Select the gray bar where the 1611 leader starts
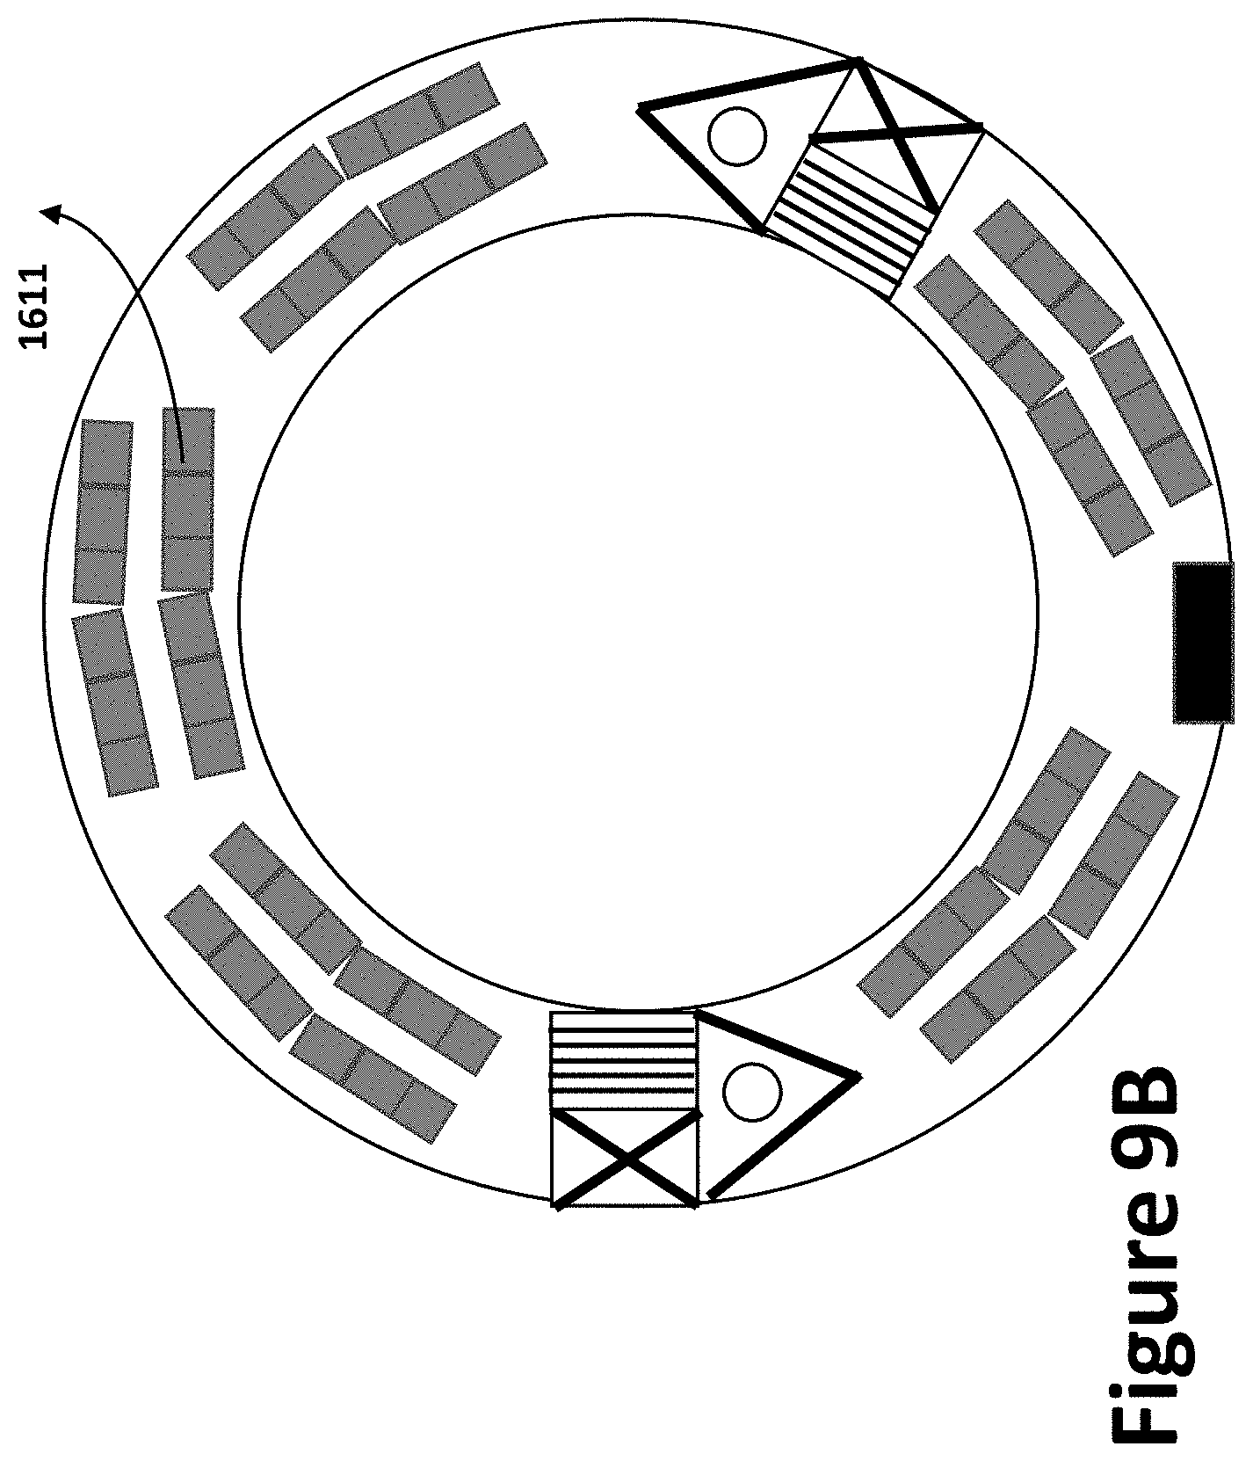pyautogui.click(x=187, y=499)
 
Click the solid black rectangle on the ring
pyautogui.click(x=1202, y=643)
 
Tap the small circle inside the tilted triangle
pyautogui.click(x=737, y=136)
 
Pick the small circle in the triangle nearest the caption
pyautogui.click(x=752, y=1092)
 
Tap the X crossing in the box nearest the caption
pyautogui.click(x=626, y=1159)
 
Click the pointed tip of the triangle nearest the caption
pyautogui.click(x=857, y=1075)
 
